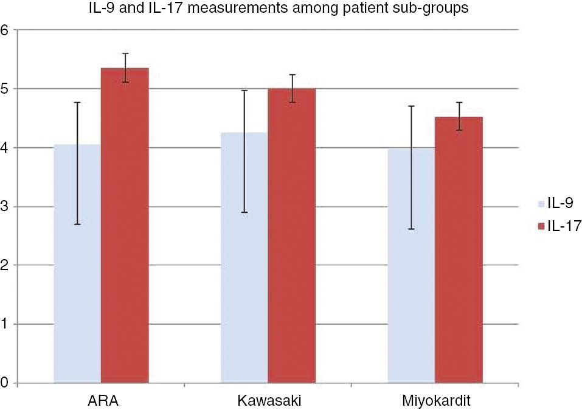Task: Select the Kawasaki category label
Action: (268, 401)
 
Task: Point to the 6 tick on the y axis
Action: (5, 30)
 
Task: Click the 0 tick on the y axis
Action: (5, 383)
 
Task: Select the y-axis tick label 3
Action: (5, 207)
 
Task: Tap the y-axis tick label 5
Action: (5, 89)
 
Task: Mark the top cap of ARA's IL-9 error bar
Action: (77, 102)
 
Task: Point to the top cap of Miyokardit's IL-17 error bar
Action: (459, 102)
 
